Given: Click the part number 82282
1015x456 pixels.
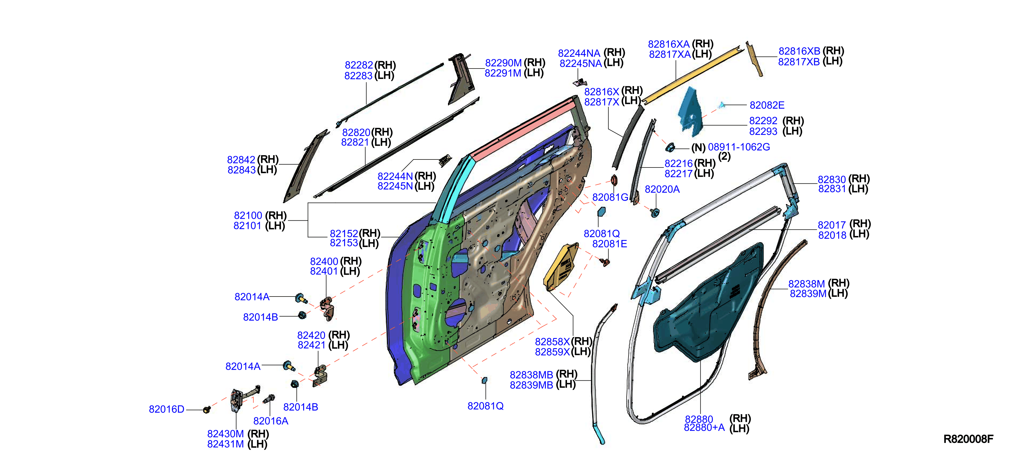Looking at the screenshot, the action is point(359,65).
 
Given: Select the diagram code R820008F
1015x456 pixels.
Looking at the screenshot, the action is point(968,439).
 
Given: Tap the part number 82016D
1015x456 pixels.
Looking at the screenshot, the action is point(166,410).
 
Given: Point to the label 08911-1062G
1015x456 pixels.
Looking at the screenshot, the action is point(739,147).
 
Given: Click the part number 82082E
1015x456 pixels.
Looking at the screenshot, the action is point(767,105).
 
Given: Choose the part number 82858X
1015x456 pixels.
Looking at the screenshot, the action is point(552,341).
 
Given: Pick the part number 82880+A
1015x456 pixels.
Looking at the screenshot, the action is point(704,428).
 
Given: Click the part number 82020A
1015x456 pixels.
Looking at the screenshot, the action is point(662,189).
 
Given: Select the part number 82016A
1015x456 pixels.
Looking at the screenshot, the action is point(271,421).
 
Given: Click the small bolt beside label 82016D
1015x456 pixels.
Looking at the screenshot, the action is point(206,410).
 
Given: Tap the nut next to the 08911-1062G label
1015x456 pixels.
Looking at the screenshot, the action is point(669,148).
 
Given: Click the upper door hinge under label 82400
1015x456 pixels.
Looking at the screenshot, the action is point(327,308).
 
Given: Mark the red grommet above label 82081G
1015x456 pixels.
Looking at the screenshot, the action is point(613,180).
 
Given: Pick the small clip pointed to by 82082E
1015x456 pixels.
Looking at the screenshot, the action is point(721,105).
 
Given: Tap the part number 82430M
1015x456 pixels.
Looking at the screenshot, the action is point(225,434).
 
